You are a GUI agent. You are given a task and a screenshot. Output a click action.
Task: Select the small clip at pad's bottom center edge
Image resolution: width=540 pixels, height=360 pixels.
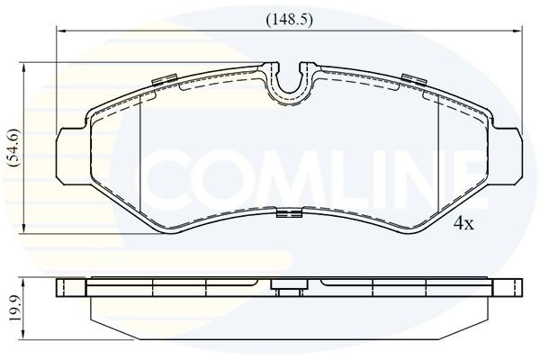coord(288,214)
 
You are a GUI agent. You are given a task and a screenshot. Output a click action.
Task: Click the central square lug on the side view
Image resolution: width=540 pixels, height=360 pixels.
coord(288,290)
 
